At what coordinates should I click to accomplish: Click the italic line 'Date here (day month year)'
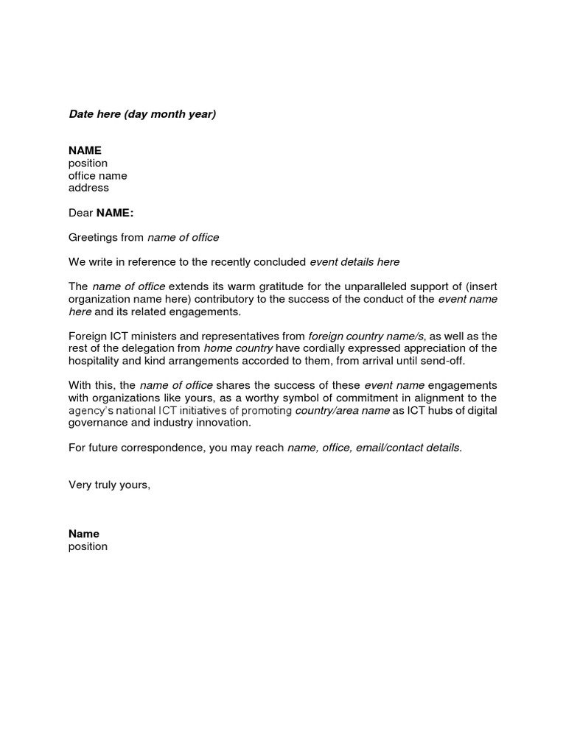pyautogui.click(x=142, y=114)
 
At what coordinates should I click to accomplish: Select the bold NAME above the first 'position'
pyautogui.click(x=85, y=150)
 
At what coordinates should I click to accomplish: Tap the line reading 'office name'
pyautogui.click(x=97, y=175)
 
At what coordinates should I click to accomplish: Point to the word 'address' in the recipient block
pyautogui.click(x=88, y=188)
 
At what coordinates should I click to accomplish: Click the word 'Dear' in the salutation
pyautogui.click(x=80, y=213)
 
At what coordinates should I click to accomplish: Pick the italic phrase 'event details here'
pyautogui.click(x=354, y=261)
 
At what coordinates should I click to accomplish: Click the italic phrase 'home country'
pyautogui.click(x=238, y=348)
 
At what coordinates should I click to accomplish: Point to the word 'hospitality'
pyautogui.click(x=96, y=361)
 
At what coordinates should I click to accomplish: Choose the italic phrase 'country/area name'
pyautogui.click(x=342, y=411)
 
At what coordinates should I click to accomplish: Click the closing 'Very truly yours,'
pyautogui.click(x=109, y=485)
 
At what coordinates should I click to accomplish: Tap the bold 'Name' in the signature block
pyautogui.click(x=83, y=534)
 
